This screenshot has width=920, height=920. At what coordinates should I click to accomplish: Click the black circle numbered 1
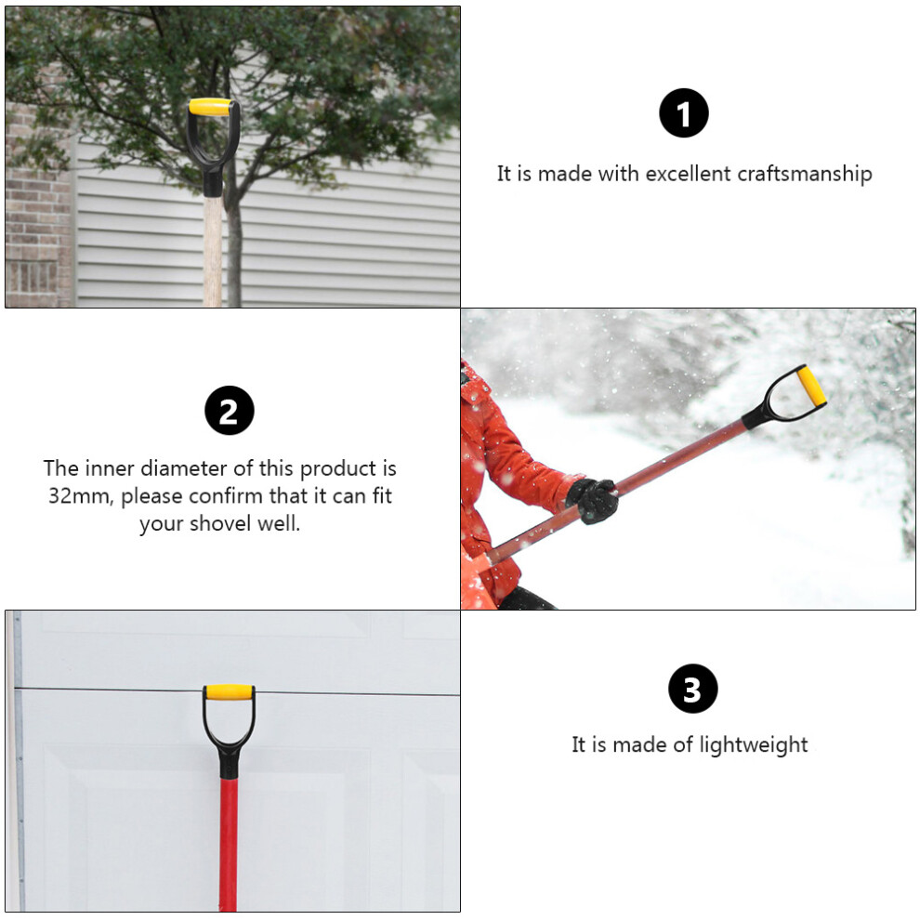pos(684,112)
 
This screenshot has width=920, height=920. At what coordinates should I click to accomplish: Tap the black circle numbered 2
pos(230,410)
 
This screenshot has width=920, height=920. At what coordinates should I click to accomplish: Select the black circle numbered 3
pos(693,689)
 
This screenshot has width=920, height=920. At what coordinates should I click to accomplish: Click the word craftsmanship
pos(805,174)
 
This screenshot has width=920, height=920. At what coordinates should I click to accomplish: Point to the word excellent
pos(689,174)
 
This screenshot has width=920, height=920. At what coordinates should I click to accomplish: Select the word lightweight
pos(754,744)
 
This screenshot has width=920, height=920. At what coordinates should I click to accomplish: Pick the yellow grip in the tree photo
pos(209,107)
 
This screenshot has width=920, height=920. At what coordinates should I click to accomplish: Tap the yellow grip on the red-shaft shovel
pos(229,692)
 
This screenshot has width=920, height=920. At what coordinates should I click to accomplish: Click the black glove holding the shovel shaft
pos(593,500)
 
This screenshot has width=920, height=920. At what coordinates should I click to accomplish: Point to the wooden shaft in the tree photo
pos(213,251)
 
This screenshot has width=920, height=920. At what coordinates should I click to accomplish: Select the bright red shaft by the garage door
pos(229,844)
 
